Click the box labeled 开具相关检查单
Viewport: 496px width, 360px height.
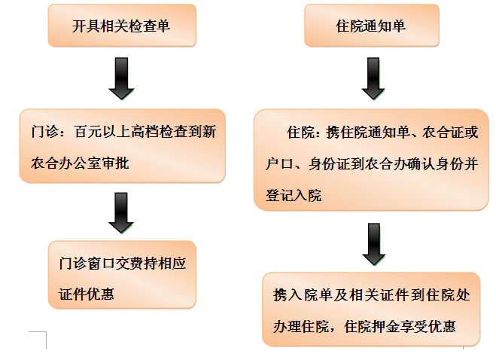[122, 26]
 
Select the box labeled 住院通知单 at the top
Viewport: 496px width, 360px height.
[372, 26]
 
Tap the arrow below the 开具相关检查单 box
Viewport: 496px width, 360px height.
[121, 78]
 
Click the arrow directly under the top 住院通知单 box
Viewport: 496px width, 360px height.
[373, 78]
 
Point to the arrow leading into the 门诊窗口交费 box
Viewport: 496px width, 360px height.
[121, 213]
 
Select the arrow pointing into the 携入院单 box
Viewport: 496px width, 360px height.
[374, 244]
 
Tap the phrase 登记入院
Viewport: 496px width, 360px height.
[294, 195]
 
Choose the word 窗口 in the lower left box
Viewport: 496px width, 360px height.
[101, 264]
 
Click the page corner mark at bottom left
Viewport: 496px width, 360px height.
[46, 332]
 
